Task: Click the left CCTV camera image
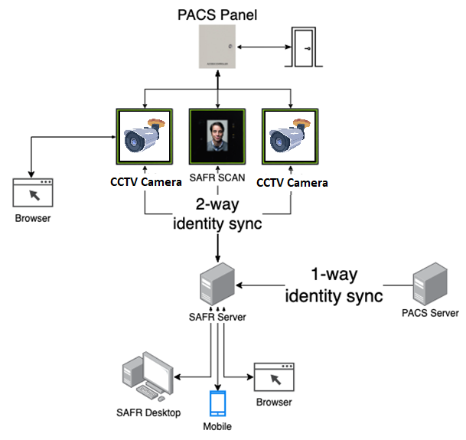[x=145, y=137]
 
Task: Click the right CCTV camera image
[x=292, y=137]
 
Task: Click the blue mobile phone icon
[x=219, y=403]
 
